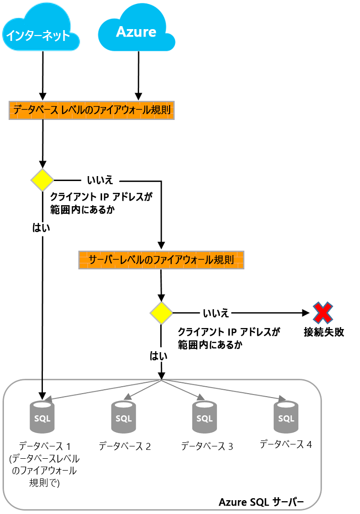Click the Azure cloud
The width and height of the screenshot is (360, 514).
[x=136, y=32]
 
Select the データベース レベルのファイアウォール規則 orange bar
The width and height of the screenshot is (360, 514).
[x=92, y=110]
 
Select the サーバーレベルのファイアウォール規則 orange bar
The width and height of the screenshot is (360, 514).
[x=161, y=259]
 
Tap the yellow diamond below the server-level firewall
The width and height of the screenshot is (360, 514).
[x=161, y=313]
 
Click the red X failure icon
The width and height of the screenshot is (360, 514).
[x=323, y=313]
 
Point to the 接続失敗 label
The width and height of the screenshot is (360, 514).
[x=324, y=332]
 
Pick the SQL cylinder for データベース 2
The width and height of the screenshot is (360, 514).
[x=123, y=417]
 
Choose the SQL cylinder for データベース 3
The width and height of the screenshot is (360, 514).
[x=204, y=417]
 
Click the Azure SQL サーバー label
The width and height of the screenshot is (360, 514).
[x=261, y=502]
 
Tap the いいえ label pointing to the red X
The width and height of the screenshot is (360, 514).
[x=216, y=313]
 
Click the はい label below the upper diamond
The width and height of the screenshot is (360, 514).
[x=41, y=228]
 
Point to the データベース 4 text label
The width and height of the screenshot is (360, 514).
[x=286, y=444]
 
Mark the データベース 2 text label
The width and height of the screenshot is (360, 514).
[x=124, y=446]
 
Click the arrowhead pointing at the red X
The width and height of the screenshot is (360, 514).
[x=306, y=313]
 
